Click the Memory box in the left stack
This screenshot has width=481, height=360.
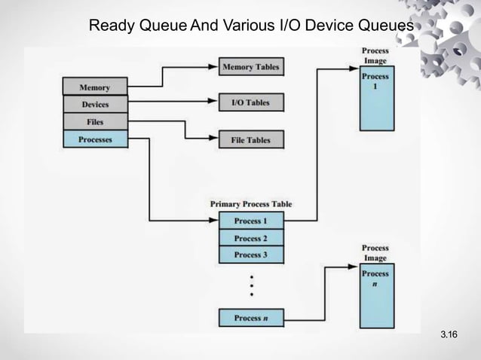[x=95, y=87]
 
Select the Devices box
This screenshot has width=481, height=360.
[x=95, y=105]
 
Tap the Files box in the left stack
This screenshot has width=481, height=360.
[x=95, y=122]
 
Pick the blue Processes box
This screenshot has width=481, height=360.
[x=95, y=139]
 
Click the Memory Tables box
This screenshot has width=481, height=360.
[x=250, y=67]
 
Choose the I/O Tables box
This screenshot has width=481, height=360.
[x=250, y=103]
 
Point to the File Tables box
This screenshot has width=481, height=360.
[x=250, y=139]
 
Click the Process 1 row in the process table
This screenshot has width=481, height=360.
[x=251, y=221]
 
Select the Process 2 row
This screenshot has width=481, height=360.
[x=251, y=238]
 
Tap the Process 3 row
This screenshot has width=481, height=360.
[x=251, y=255]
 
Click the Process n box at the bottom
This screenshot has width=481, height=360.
[x=251, y=318]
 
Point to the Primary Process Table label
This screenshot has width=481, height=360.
[x=251, y=204]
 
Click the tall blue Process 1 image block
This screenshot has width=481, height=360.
[x=375, y=101]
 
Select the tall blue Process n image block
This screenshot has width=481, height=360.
[x=375, y=295]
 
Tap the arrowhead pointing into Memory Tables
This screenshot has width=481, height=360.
[x=213, y=67]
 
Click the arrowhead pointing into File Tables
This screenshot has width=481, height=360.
[x=213, y=139]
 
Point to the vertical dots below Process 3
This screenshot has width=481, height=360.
[x=251, y=285]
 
